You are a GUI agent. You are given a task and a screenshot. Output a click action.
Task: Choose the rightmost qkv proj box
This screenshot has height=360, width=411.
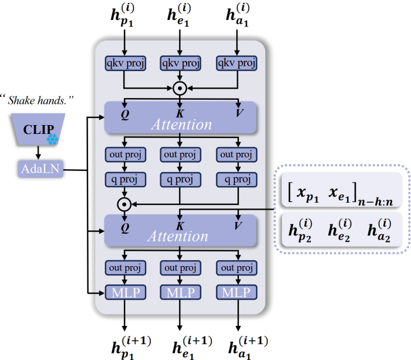[237, 63]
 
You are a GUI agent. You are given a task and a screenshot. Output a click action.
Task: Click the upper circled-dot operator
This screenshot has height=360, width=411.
[180, 88]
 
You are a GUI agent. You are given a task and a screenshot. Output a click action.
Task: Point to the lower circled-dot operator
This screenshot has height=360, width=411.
[124, 204]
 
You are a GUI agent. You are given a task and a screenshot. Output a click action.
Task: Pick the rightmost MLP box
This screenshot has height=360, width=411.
[237, 292]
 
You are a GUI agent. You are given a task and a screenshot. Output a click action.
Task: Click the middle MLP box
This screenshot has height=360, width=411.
[180, 292]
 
